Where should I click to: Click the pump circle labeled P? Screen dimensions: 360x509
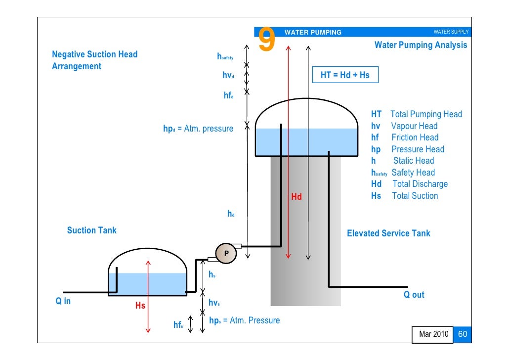(226, 253)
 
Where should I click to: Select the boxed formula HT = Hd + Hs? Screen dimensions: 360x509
(345, 75)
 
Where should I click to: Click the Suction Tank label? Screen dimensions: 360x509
(92, 230)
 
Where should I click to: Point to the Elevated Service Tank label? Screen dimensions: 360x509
(388, 233)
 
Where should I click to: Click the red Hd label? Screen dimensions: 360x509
(297, 197)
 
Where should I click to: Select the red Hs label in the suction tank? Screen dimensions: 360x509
(140, 306)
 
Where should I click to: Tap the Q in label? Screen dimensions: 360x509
(63, 301)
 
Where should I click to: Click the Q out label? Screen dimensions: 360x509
(414, 295)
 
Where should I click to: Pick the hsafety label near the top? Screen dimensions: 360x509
(225, 57)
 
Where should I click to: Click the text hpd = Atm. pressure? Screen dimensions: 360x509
(198, 129)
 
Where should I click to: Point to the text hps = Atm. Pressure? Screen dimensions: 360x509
(244, 320)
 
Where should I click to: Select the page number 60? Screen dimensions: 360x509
(463, 334)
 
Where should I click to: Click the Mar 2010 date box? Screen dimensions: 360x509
(433, 335)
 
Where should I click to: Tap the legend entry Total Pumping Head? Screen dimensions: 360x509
(426, 114)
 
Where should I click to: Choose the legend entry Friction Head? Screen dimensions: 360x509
(415, 137)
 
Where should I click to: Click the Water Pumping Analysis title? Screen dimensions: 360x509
(421, 45)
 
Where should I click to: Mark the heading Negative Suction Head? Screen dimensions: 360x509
(95, 54)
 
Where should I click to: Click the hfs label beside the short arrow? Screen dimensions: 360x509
(178, 325)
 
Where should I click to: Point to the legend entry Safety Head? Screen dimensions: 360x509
(413, 173)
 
